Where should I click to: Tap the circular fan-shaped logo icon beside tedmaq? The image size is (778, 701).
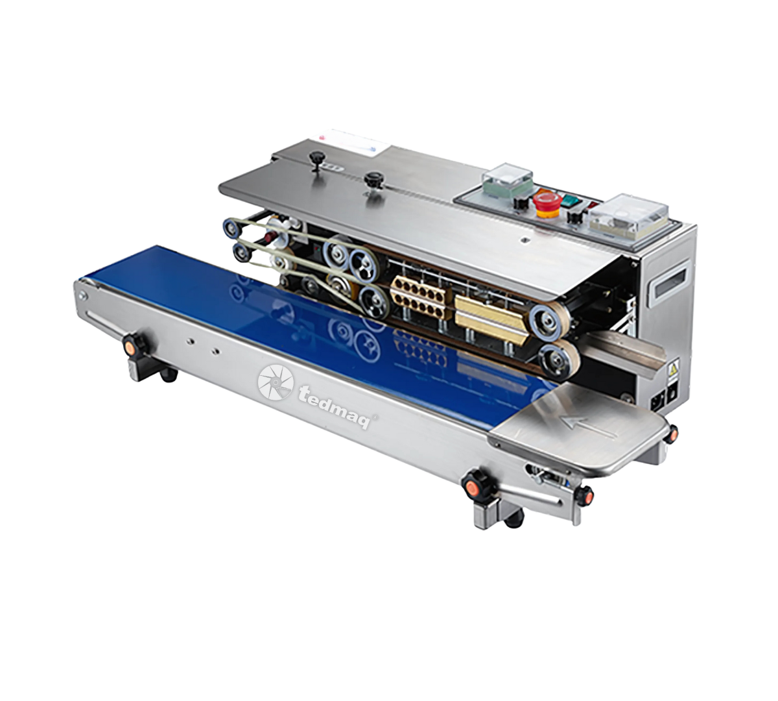pos(275,382)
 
